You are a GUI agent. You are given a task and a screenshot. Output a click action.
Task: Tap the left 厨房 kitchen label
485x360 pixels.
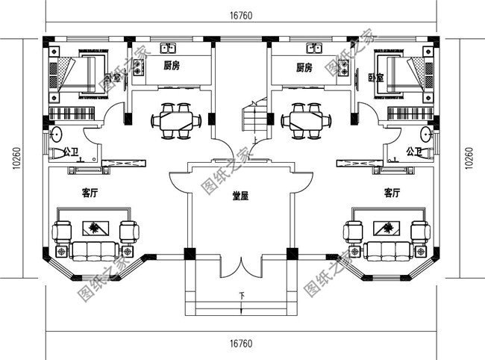click(x=173, y=66)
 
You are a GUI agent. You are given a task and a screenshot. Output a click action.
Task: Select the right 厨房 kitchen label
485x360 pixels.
click(x=304, y=68)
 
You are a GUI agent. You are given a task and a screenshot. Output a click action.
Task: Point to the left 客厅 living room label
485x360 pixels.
click(x=90, y=192)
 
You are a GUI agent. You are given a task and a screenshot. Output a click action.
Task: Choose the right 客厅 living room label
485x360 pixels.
click(x=392, y=192)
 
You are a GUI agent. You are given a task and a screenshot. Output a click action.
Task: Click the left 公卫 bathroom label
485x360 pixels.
click(x=72, y=152)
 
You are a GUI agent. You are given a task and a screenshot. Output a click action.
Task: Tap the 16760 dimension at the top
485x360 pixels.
click(x=240, y=16)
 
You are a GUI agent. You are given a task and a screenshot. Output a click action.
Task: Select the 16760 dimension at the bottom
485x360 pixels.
click(x=240, y=343)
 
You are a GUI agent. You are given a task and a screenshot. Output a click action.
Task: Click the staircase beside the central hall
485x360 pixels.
click(x=254, y=120)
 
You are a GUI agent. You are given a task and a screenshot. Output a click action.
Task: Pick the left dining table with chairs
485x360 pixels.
click(x=177, y=120)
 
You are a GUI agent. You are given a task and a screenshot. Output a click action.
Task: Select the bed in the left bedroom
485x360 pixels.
click(x=82, y=73)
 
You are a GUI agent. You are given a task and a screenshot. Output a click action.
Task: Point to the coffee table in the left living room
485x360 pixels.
click(x=94, y=229)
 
